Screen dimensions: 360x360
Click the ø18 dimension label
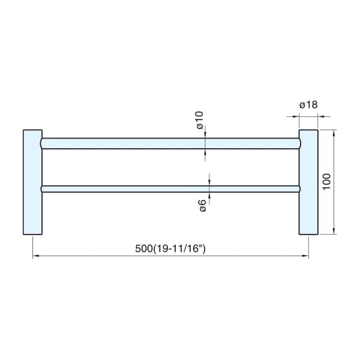tap(308, 104)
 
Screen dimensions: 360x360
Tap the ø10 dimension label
tap(200, 120)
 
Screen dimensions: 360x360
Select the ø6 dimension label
tap(203, 205)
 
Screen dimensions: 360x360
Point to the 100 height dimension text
tap(326, 182)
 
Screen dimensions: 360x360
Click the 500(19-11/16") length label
tap(170, 248)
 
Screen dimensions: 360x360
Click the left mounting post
tap(32, 182)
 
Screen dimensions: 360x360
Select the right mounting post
tap(308, 182)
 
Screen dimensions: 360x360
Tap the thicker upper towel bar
tap(170, 143)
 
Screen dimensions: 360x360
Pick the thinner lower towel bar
tap(170, 189)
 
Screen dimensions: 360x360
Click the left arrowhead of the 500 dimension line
tap(35, 256)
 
